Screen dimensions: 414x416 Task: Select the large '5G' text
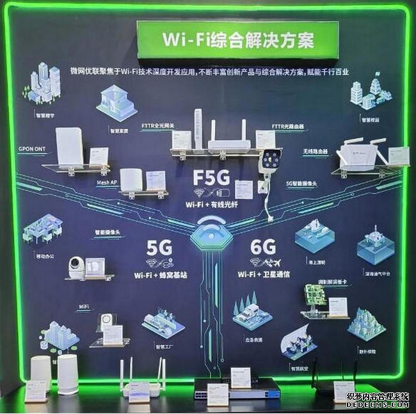pyautogui.click(x=159, y=247)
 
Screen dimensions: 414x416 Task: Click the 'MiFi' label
pyautogui.click(x=84, y=308)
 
